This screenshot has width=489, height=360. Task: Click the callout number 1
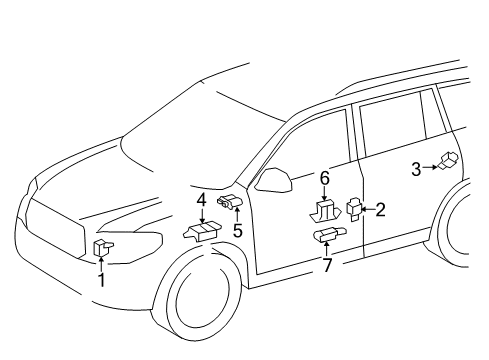101,281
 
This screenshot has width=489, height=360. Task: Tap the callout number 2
380,209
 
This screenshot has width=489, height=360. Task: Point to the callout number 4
201,200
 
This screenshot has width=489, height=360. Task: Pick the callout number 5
237,230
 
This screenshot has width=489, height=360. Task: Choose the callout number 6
324,177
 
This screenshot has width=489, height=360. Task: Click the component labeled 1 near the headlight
102,248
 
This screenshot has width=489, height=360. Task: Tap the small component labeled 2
354,209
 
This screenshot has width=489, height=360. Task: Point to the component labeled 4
199,231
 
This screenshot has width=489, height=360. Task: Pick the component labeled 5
231,204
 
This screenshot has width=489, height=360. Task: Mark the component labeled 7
327,236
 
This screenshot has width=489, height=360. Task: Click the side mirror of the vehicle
273,179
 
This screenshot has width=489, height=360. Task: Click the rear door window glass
394,125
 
